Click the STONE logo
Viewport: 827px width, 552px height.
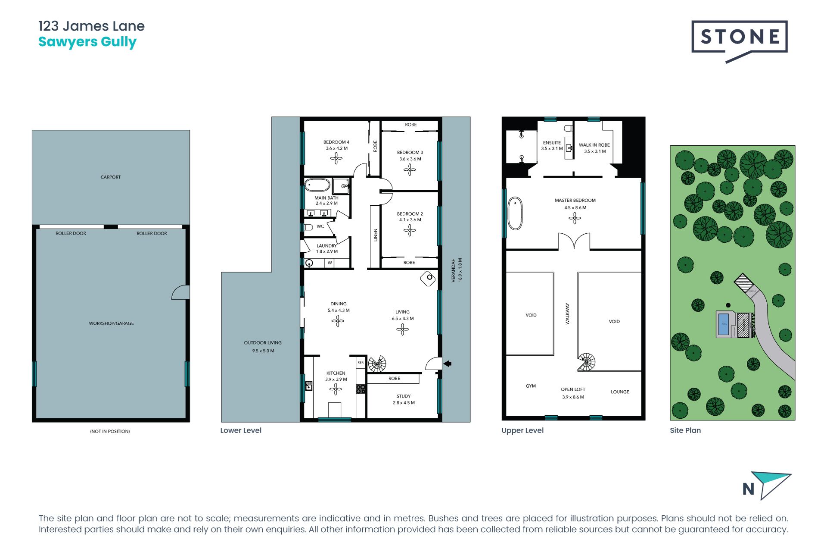[739, 38]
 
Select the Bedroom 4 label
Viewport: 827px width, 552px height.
[336, 142]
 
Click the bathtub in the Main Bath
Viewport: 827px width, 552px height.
[317, 185]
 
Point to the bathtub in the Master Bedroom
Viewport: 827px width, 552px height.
[515, 213]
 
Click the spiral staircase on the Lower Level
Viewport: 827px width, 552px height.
[377, 364]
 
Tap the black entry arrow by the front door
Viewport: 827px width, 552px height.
[448, 364]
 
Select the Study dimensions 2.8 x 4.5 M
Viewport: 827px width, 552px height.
[404, 403]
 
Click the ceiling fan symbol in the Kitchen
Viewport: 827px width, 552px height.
[336, 389]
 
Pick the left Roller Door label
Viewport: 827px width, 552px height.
[71, 233]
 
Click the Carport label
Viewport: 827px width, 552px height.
[110, 177]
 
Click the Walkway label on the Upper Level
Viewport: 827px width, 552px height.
[567, 314]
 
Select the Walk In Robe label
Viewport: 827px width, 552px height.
[594, 145]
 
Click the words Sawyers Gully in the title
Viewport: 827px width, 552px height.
[87, 42]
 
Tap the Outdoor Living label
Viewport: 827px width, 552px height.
[263, 343]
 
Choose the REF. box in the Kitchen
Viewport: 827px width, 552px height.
[361, 363]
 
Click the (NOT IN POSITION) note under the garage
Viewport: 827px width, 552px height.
[110, 431]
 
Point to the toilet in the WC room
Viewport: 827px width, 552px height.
[308, 227]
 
